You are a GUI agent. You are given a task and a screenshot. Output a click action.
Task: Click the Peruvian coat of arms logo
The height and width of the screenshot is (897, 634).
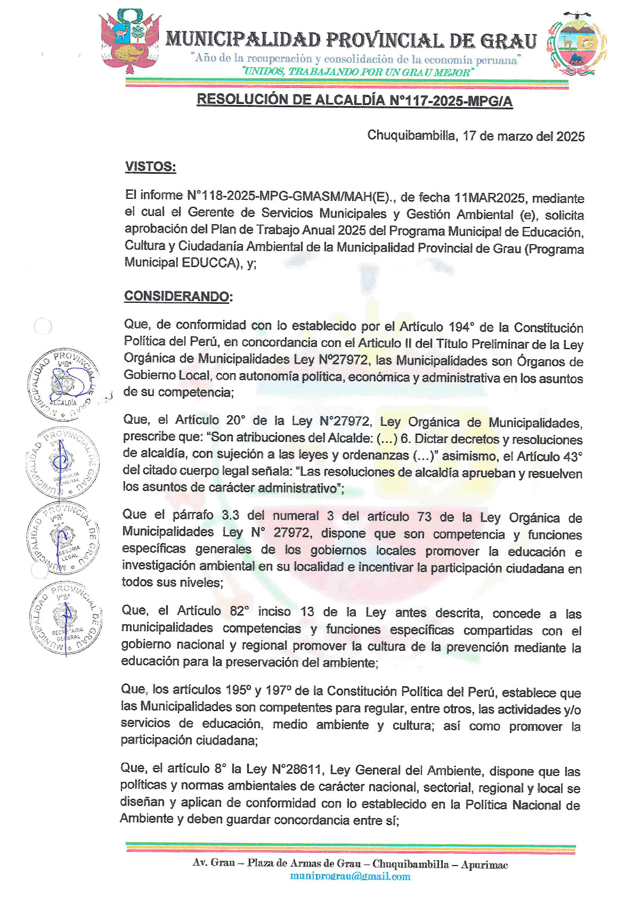pos(130,42)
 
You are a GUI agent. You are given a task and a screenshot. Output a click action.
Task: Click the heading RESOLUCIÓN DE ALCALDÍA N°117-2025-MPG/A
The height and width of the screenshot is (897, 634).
pos(354,100)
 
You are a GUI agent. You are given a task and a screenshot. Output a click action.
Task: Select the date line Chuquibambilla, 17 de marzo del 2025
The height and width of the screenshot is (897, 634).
pos(476,136)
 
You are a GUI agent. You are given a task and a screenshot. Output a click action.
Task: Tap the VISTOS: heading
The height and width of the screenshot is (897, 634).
pos(150,167)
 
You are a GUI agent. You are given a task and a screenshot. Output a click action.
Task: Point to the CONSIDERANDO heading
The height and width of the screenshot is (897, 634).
pos(177,296)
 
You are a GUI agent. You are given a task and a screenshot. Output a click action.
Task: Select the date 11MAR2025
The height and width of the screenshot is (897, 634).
pos(490,198)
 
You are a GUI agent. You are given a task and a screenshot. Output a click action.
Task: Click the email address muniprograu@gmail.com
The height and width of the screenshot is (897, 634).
pos(350,876)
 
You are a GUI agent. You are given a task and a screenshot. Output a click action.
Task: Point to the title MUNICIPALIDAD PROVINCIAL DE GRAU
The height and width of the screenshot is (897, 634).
pos(351,41)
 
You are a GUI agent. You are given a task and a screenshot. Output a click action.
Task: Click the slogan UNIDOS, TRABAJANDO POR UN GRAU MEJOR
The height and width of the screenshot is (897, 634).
pos(357,72)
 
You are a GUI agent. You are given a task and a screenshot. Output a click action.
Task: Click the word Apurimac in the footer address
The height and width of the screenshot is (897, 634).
pos(484,864)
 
